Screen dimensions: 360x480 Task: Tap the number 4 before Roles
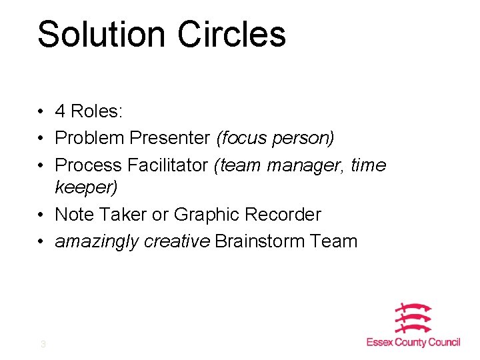(x=61, y=111)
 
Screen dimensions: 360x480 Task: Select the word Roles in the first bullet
(x=97, y=111)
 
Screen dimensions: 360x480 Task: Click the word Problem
(x=90, y=138)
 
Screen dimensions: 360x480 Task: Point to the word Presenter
(x=170, y=138)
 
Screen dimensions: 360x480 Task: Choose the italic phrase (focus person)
(x=275, y=138)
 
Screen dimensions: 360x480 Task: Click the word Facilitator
(x=169, y=165)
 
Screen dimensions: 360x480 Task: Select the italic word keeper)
(x=86, y=187)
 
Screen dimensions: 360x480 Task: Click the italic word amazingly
(x=97, y=241)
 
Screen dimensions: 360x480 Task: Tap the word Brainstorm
(x=262, y=241)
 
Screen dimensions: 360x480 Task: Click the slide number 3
(x=43, y=344)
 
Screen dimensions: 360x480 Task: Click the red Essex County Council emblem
(x=413, y=319)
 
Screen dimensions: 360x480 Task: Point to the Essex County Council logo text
(x=413, y=342)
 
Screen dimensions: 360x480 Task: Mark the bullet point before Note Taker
(x=41, y=215)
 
